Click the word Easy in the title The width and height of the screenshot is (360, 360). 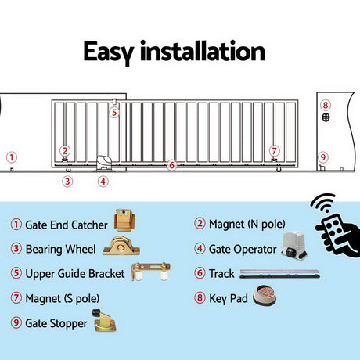(x=109, y=52)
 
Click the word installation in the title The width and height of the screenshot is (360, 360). (x=203, y=51)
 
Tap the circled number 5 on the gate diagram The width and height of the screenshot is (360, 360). (x=114, y=113)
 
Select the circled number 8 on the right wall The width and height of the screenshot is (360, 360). (x=326, y=105)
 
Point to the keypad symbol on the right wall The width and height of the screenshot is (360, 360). (x=326, y=117)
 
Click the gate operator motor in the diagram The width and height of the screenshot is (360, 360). (x=104, y=164)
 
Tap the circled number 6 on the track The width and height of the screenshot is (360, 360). (x=171, y=165)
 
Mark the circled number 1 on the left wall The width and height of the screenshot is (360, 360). (x=11, y=157)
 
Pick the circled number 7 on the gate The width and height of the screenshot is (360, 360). (x=274, y=151)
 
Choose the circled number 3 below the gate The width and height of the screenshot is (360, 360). (x=67, y=182)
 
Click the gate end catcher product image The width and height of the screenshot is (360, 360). (x=124, y=220)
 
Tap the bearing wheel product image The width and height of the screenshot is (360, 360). (x=121, y=246)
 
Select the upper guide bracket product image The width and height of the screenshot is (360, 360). (x=150, y=272)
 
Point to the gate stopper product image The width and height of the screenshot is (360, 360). (x=104, y=321)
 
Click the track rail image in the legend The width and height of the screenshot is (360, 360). (x=279, y=274)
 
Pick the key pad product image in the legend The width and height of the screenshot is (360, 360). (x=265, y=296)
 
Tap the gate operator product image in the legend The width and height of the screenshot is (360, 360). (x=294, y=245)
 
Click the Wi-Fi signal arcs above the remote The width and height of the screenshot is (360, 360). (x=323, y=203)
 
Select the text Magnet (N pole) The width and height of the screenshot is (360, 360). (x=247, y=224)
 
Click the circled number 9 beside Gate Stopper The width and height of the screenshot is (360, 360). (x=16, y=322)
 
